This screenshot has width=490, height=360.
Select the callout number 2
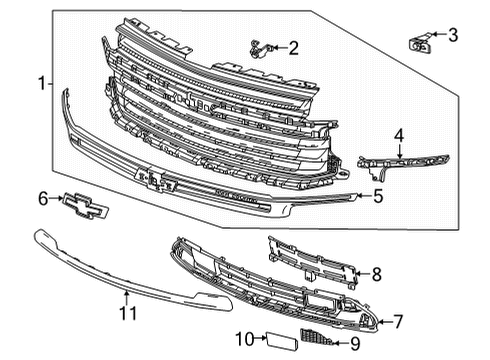pyautogui.click(x=294, y=47)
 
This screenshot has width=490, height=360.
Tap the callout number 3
pyautogui.click(x=453, y=37)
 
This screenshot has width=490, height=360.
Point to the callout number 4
pyautogui.click(x=399, y=134)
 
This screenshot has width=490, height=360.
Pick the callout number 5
pyautogui.click(x=379, y=196)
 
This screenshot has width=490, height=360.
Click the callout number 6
pyautogui.click(x=42, y=200)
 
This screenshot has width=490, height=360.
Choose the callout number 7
pyautogui.click(x=398, y=321)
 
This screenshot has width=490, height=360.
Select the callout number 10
pyautogui.click(x=243, y=339)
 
